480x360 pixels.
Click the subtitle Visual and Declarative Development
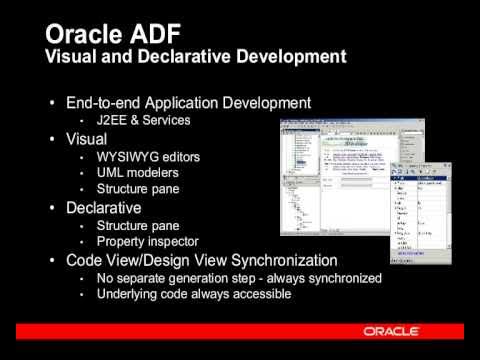tap(197, 55)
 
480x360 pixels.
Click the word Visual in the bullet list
tap(87, 140)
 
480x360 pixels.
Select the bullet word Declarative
tap(103, 208)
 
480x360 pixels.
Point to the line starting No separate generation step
tap(239, 278)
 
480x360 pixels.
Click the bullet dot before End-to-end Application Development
tap(52, 104)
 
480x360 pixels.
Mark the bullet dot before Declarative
tap(52, 209)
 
